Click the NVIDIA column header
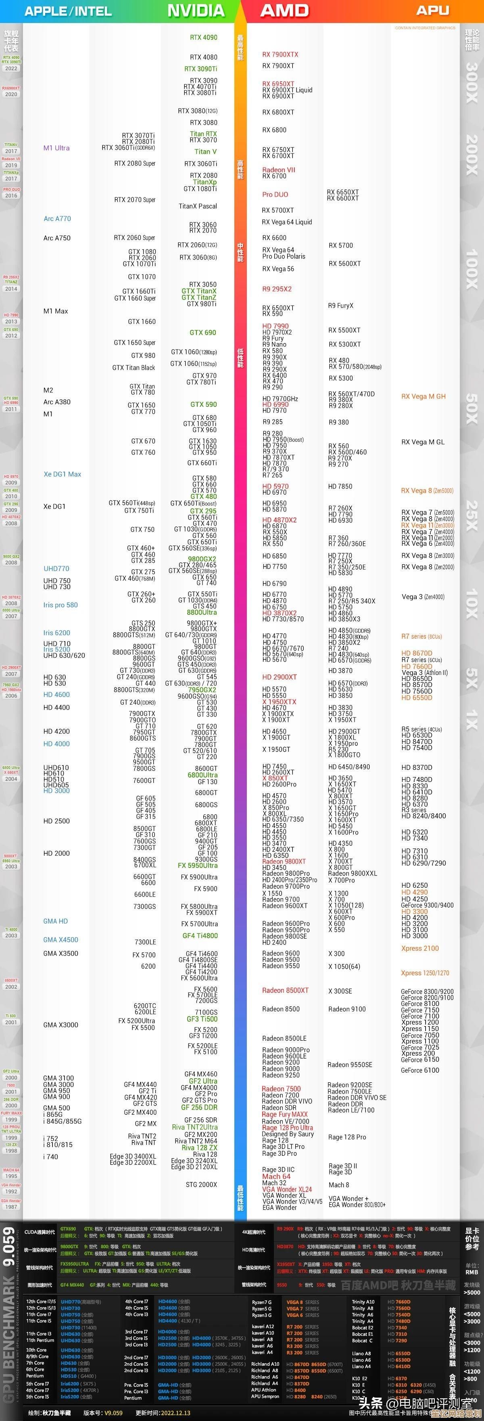coord(196,10)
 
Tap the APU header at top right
coord(432,10)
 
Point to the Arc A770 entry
coord(57,218)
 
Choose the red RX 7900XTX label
coord(280,54)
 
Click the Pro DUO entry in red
coord(275,194)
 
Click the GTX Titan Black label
coord(134,367)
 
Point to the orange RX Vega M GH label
coord(423,396)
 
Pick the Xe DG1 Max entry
coord(62,474)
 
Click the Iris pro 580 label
coord(60,605)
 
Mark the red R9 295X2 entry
coord(277,289)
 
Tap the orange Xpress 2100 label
coord(420,948)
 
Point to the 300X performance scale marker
coord(472,82)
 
